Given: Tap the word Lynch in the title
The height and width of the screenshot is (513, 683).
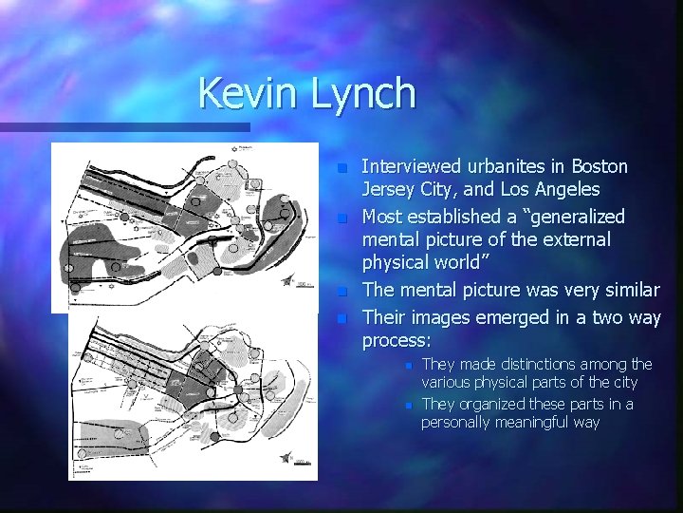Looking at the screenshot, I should click(364, 94).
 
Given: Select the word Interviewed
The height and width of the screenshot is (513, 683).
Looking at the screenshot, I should click(414, 167).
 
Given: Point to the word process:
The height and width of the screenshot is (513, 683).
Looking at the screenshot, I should click(397, 339).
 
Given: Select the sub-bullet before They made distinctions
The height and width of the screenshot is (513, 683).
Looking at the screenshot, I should click(406, 365).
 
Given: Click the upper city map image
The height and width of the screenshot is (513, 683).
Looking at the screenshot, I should click(185, 224).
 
